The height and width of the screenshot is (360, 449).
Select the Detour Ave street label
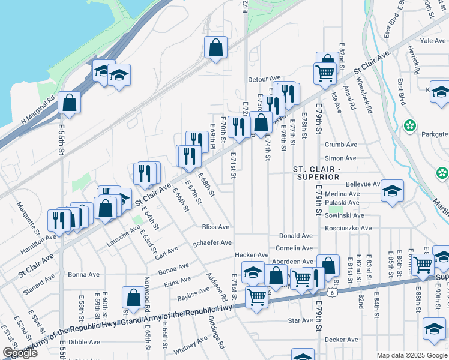(x=265, y=79)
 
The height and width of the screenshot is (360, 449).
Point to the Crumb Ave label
(x=340, y=145)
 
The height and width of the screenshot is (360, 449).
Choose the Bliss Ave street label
(x=215, y=227)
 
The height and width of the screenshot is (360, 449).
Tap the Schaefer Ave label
(x=212, y=243)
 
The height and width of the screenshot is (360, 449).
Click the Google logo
(x=20, y=353)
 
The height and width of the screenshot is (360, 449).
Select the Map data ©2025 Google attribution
(x=412, y=355)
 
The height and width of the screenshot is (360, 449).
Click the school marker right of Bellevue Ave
(x=393, y=190)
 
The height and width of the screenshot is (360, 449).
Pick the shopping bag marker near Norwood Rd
(x=133, y=297)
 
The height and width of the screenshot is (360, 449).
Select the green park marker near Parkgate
(x=410, y=126)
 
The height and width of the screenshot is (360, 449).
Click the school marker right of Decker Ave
(x=433, y=328)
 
